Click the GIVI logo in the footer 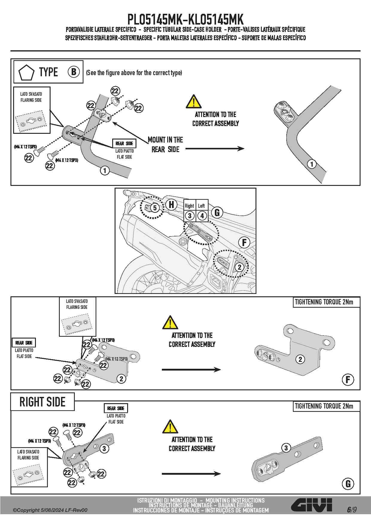point(311,505)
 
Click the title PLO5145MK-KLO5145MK point(185,19)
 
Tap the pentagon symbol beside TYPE point(26,73)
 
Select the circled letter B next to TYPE point(74,72)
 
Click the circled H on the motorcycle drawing point(171,204)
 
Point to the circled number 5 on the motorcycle point(155,207)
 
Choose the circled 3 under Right point(190,216)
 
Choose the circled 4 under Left point(202,216)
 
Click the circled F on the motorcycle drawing point(244,242)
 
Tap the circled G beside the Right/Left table point(217,213)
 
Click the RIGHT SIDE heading point(42,402)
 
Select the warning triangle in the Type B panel point(194,101)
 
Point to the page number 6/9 point(352,509)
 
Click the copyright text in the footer point(50,510)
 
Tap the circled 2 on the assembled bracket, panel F point(300,359)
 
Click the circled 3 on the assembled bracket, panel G point(286,448)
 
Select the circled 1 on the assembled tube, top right point(312,164)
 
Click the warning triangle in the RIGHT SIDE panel point(170,427)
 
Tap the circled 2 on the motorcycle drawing point(239,267)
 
